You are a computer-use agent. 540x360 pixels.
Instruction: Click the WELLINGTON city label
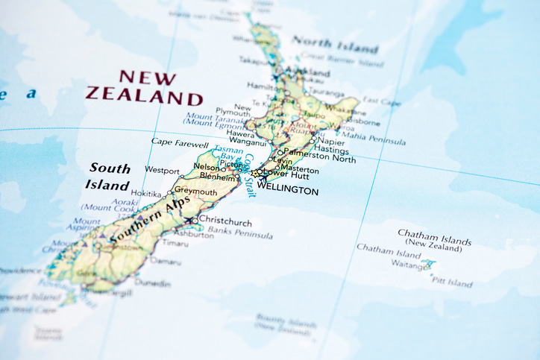click(x=287, y=192)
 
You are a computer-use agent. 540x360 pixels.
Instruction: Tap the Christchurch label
click(x=226, y=222)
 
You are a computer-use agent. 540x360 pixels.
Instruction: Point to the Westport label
click(x=162, y=171)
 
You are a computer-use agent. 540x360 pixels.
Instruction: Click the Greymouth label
click(x=195, y=192)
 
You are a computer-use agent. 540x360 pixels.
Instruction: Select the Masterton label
click(x=299, y=170)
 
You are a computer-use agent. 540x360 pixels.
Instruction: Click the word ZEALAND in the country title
click(x=144, y=96)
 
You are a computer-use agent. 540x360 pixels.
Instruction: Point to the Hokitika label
click(x=146, y=194)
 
